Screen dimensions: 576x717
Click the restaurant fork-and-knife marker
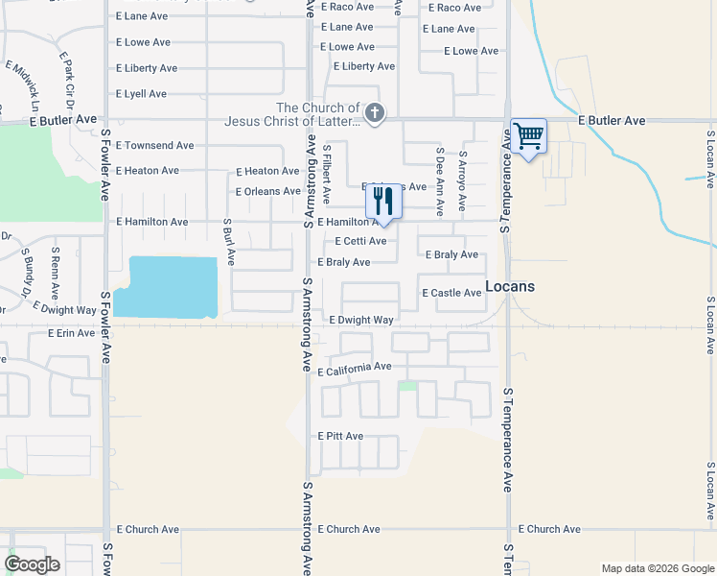[383, 202]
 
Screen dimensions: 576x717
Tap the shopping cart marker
[528, 136]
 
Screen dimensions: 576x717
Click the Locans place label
[510, 286]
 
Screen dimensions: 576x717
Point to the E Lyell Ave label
[141, 94]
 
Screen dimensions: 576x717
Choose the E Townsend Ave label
[154, 145]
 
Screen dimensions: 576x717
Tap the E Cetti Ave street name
[360, 241]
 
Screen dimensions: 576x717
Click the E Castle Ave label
[451, 293]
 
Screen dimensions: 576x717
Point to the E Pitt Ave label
[340, 436]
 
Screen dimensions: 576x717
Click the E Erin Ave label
[72, 333]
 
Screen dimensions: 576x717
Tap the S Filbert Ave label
[327, 174]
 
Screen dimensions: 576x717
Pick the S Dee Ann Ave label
[440, 180]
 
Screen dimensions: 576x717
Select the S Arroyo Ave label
[462, 180]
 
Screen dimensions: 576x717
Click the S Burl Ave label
[228, 241]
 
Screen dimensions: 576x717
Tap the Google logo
[33, 564]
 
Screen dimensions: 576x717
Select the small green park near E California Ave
[408, 386]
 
